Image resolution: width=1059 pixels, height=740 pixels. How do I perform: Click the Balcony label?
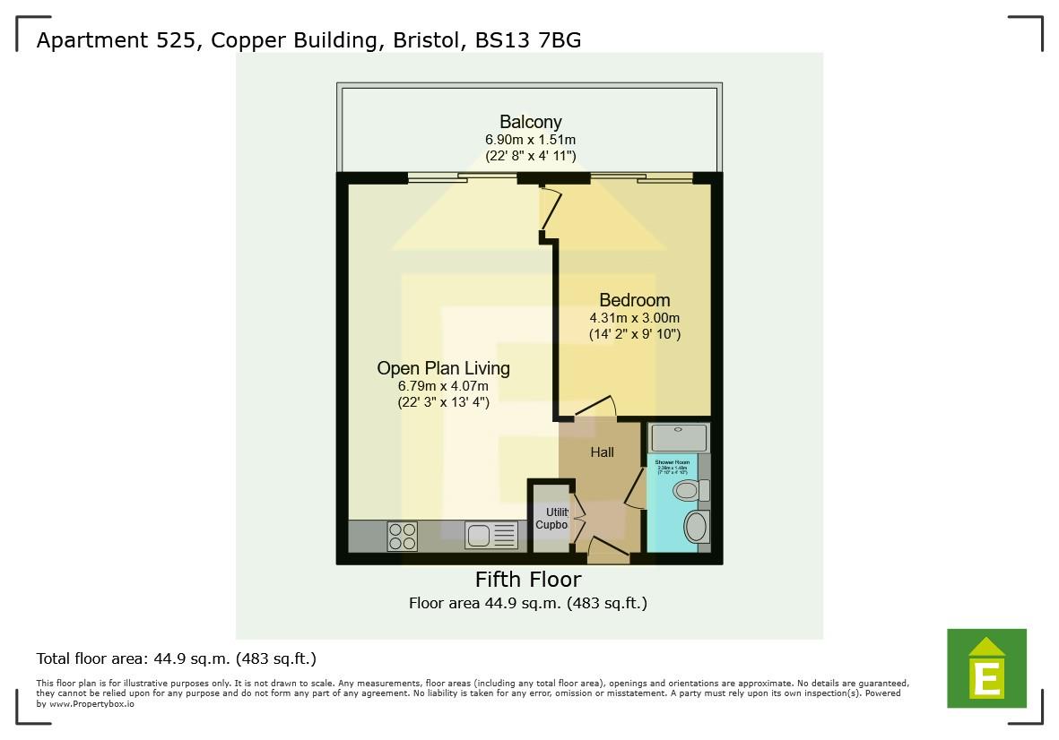(x=530, y=122)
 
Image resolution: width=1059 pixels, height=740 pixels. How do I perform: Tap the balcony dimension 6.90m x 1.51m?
(x=530, y=140)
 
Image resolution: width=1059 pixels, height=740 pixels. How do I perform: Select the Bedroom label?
(x=634, y=300)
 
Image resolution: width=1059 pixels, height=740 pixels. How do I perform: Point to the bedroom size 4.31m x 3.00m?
(x=634, y=318)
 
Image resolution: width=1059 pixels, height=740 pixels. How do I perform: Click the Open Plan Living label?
(x=443, y=368)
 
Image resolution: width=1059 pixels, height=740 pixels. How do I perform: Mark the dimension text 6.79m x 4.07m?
(x=443, y=386)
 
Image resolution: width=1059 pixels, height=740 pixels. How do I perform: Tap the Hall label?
(x=602, y=452)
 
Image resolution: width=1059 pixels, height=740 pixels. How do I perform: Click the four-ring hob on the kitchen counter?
(x=403, y=536)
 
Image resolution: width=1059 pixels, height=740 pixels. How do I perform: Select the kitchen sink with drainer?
(x=491, y=536)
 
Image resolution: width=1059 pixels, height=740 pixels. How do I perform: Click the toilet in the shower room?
(x=688, y=490)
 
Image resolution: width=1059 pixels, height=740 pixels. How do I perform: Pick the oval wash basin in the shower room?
(x=696, y=526)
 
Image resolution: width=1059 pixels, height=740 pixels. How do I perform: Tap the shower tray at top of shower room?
(x=678, y=438)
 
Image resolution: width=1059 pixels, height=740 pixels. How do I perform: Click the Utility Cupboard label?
(x=551, y=518)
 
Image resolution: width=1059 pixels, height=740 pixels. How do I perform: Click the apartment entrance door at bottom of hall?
(x=608, y=550)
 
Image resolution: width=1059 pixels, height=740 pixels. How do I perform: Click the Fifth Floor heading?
(x=527, y=580)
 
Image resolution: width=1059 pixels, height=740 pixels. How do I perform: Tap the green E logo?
(x=986, y=667)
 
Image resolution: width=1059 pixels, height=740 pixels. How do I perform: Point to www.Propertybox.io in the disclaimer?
(x=92, y=704)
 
